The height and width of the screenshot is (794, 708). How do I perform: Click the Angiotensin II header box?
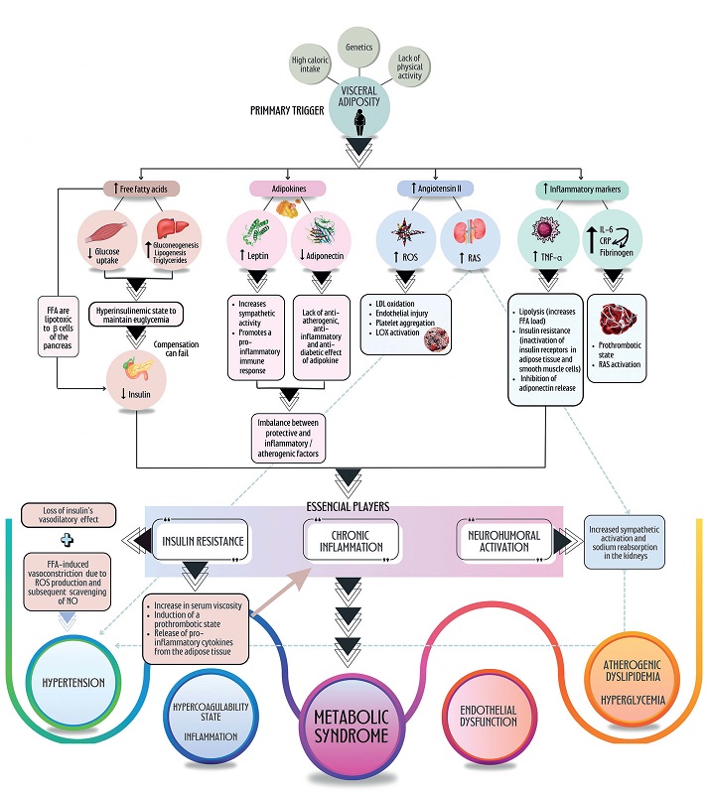[x=430, y=187]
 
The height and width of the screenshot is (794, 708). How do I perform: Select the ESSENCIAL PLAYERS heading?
[x=354, y=503]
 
